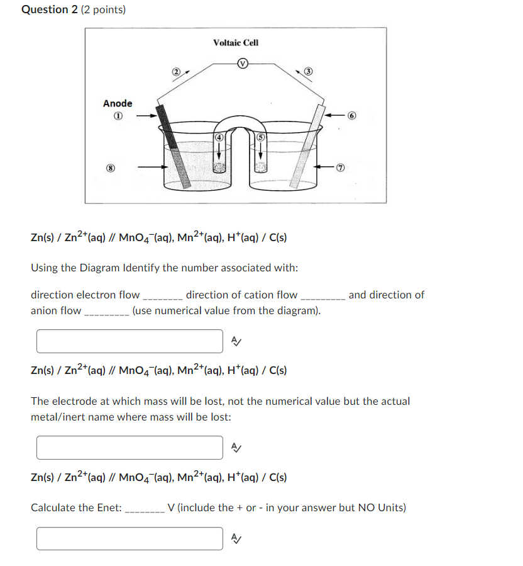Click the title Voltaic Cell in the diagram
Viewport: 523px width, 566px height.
[236, 43]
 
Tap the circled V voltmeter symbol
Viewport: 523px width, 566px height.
[242, 63]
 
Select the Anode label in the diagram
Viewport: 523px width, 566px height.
[118, 103]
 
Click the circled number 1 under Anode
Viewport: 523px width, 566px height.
[118, 116]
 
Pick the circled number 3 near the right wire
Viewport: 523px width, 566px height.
[308, 72]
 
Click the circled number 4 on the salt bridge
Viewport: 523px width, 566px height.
[219, 137]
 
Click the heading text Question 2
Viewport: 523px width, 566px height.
[50, 9]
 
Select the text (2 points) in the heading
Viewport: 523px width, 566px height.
[104, 9]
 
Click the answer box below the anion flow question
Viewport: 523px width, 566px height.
[129, 341]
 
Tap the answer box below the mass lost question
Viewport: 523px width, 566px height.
[129, 448]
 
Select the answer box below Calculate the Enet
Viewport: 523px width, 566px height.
[129, 538]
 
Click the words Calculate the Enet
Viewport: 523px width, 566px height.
[76, 507]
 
